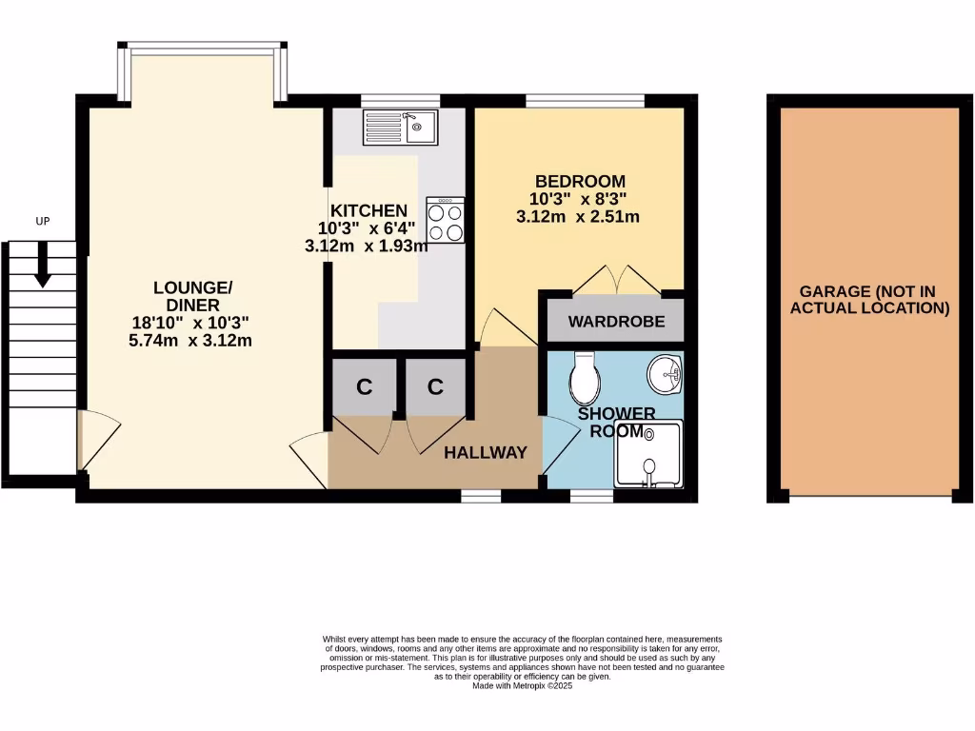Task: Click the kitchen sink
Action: [x=400, y=127]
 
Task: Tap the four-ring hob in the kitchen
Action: [x=446, y=220]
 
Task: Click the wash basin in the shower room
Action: [x=665, y=374]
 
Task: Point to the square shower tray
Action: [x=648, y=455]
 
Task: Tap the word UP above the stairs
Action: [x=42, y=221]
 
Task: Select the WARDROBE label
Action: [x=616, y=322]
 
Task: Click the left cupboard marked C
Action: [x=364, y=386]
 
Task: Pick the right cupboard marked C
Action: [x=435, y=386]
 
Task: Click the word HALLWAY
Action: [x=486, y=453]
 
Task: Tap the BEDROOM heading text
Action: [x=580, y=181]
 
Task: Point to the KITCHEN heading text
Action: [x=368, y=210]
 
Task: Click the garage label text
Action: [x=874, y=300]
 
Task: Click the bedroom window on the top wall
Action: [x=585, y=99]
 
